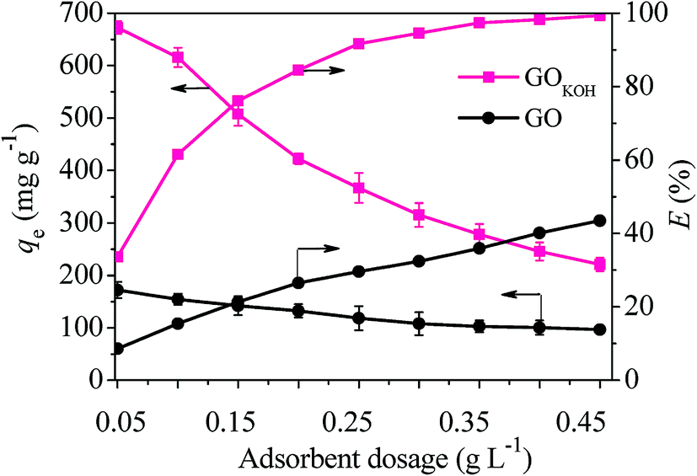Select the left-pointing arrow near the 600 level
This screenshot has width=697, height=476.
190,88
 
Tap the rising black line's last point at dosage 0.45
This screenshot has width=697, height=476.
599,221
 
